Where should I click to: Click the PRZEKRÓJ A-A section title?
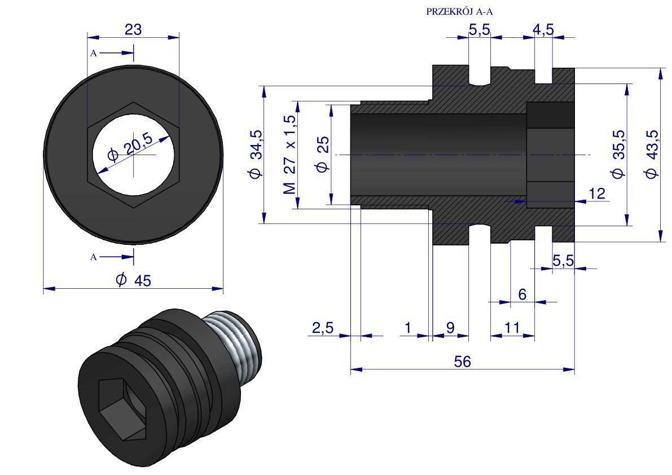click(x=459, y=11)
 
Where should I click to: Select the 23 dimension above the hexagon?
click(x=133, y=30)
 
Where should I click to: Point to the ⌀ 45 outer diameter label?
click(x=133, y=280)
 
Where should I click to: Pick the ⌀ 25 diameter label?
click(x=323, y=154)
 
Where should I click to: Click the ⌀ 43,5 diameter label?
click(x=652, y=154)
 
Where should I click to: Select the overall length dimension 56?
click(x=463, y=362)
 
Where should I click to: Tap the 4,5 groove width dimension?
click(x=543, y=30)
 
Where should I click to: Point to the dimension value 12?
click(x=597, y=193)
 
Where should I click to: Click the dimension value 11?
click(x=512, y=328)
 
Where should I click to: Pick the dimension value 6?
click(x=522, y=294)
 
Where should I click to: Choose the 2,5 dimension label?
click(x=322, y=328)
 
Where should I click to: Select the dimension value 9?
click(x=450, y=328)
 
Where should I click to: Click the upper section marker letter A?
click(x=94, y=54)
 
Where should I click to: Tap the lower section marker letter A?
click(x=94, y=257)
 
